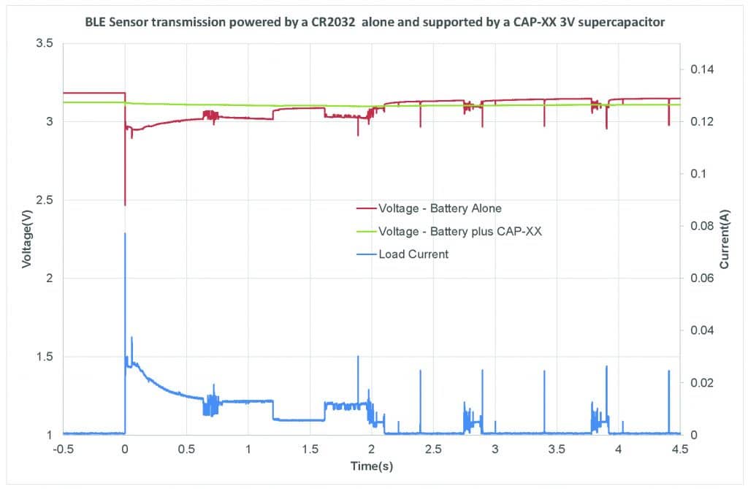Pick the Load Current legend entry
click(413, 254)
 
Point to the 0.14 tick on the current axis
click(698, 69)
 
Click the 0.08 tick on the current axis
click(698, 226)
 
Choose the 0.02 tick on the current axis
click(698, 383)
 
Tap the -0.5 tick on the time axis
click(64, 448)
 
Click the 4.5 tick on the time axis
click(680, 448)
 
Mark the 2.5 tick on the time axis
click(433, 448)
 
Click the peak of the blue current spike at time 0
click(125, 234)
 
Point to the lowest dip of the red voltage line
click(125, 205)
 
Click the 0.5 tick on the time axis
click(187, 448)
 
